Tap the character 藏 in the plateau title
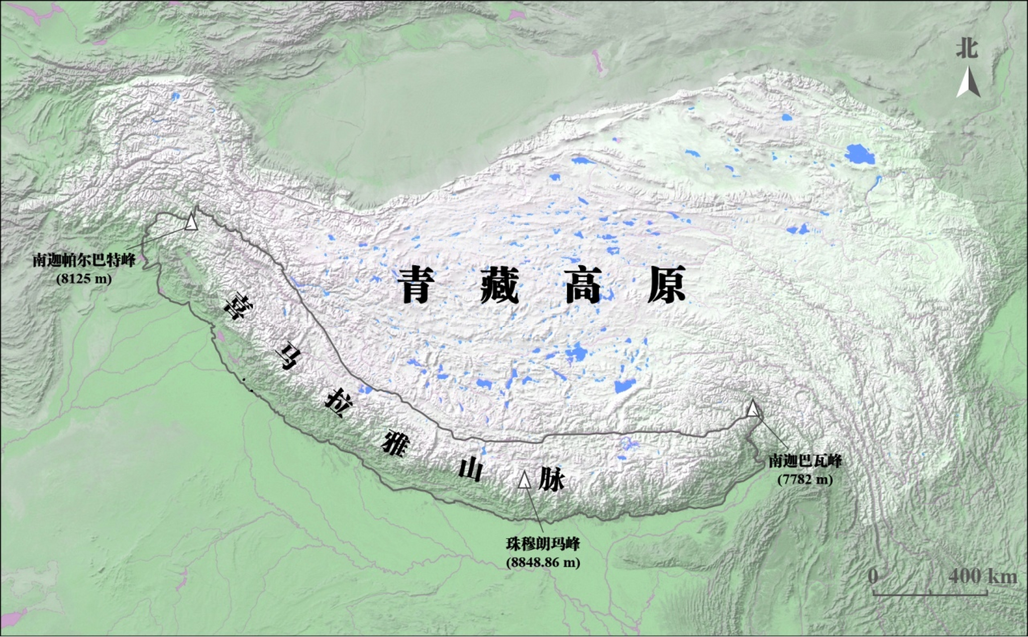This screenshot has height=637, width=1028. pos(500,284)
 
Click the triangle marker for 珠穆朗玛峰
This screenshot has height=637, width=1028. pos(524,480)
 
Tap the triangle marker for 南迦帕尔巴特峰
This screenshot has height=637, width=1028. pos(191,222)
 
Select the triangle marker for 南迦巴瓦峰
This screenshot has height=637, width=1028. pos(753,409)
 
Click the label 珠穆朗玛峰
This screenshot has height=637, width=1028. pos(543,544)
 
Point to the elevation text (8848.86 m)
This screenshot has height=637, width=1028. pos(543,563)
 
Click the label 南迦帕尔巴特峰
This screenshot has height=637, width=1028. pos(84,260)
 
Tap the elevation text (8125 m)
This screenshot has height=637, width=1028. pos(84,278)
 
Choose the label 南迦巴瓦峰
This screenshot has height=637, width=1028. pos(805,461)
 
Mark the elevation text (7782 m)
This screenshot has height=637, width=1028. pos(805,479)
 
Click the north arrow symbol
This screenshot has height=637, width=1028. pos(968,83)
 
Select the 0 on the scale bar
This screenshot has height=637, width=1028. pos(873,576)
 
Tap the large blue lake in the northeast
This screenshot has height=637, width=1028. pos(859,154)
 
